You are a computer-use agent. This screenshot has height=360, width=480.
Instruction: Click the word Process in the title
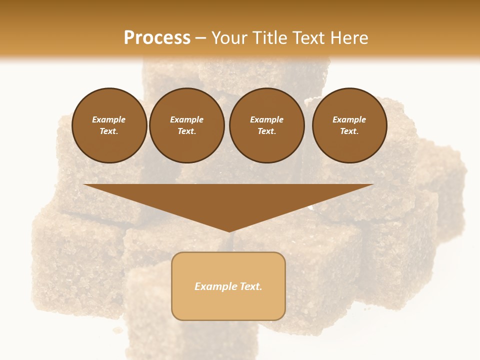coord(157,38)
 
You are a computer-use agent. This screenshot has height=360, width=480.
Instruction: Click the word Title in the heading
coord(267,38)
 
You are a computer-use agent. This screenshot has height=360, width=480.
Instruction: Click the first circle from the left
coord(109,125)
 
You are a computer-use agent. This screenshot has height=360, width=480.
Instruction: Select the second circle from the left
coord(187,125)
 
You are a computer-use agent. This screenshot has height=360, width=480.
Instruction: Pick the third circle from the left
coord(267,125)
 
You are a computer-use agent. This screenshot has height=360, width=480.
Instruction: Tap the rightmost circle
coord(349,125)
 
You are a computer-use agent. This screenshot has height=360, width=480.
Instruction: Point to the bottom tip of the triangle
coord(228,231)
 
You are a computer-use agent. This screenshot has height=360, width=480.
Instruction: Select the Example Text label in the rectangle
coord(228,286)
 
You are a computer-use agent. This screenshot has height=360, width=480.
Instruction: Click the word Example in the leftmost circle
coord(109,120)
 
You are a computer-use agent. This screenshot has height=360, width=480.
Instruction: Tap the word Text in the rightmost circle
coord(348,131)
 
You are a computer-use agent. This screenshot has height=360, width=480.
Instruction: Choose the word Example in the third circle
coord(267,120)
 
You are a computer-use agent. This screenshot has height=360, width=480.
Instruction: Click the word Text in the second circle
coord(186,131)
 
